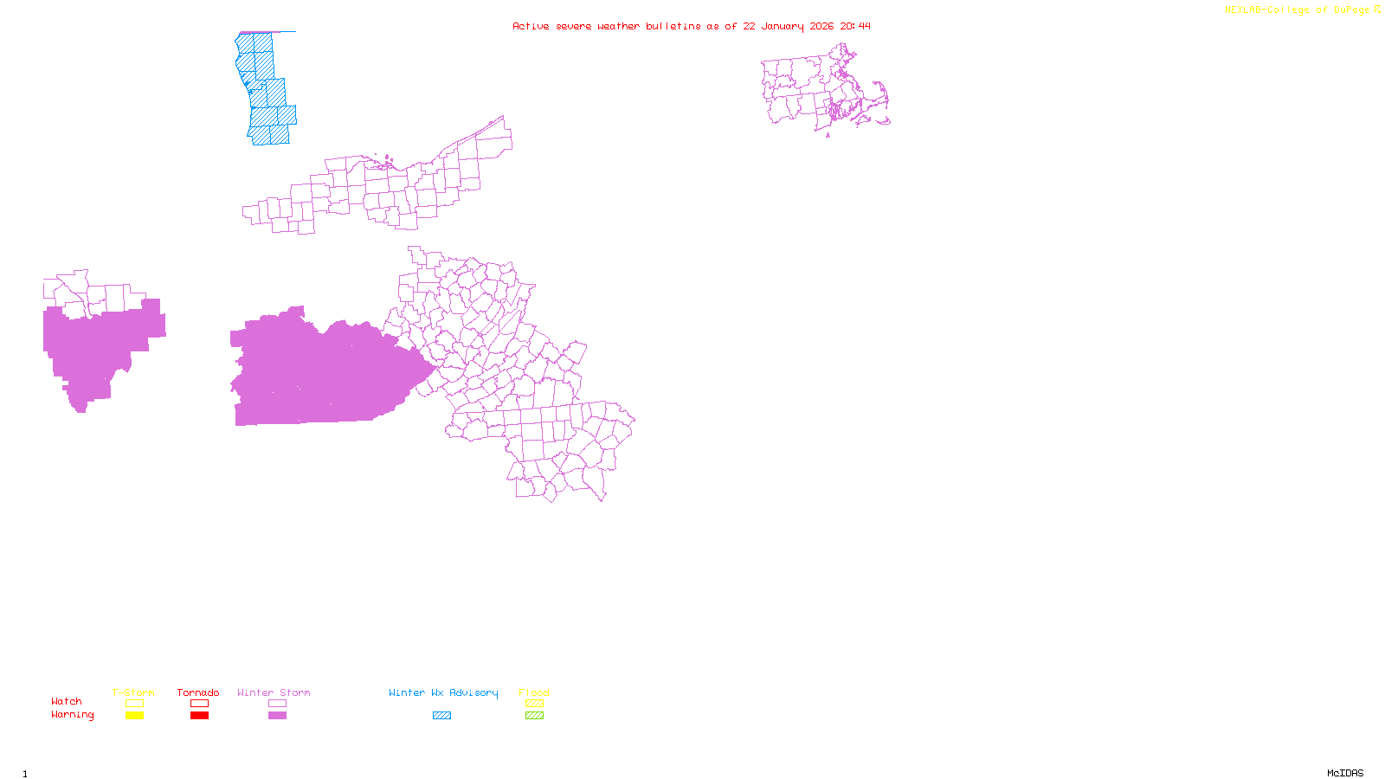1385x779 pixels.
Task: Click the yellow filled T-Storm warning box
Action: click(x=134, y=716)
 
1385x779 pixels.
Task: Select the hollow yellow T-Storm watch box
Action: click(x=134, y=704)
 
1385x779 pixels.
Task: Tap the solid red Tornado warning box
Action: click(x=199, y=716)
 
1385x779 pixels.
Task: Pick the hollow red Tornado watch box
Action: click(x=199, y=704)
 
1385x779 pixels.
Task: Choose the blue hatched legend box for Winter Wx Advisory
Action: click(x=441, y=716)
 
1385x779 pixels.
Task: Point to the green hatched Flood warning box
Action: click(x=534, y=716)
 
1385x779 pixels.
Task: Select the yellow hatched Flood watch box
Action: click(x=534, y=704)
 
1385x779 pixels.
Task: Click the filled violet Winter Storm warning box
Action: click(x=277, y=716)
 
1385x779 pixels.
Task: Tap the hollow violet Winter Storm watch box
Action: click(x=277, y=704)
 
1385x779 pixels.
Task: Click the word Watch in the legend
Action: click(x=67, y=702)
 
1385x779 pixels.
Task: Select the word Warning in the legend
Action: click(x=72, y=715)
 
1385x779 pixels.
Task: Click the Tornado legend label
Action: click(x=198, y=692)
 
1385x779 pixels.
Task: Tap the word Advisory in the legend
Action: click(x=473, y=692)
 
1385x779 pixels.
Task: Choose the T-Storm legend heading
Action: click(x=133, y=692)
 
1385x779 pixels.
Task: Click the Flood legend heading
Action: click(x=534, y=692)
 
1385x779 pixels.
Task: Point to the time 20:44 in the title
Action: click(x=855, y=26)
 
